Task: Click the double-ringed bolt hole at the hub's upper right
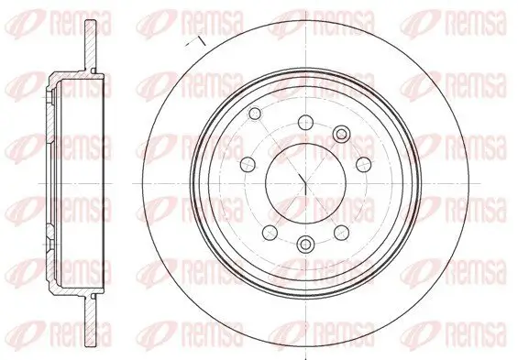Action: tap(341, 135)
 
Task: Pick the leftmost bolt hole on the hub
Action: tap(246, 166)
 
